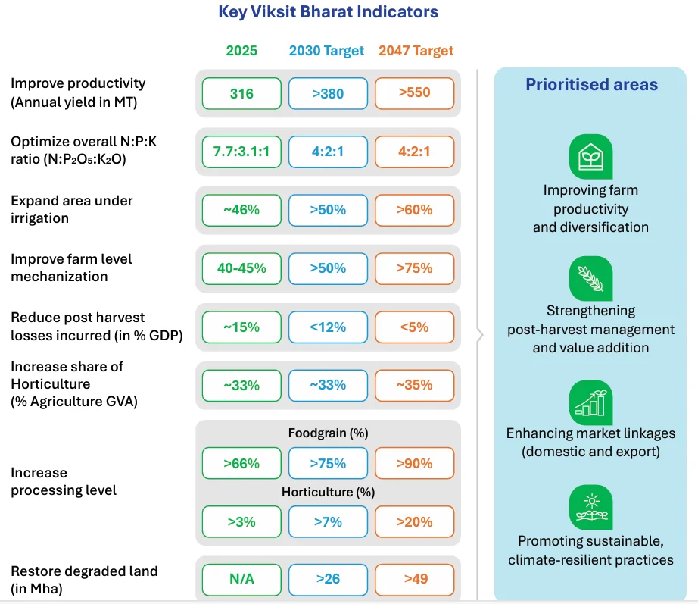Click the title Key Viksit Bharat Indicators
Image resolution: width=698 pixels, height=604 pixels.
328,12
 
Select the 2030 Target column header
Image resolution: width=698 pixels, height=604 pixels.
327,51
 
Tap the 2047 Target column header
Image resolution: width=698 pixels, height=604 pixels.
414,51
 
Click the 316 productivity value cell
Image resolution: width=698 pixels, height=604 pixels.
241,93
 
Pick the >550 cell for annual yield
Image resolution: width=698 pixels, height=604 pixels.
414,93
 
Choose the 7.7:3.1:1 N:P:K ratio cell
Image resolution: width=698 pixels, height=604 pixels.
241,152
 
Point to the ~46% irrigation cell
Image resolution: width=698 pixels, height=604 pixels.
241,210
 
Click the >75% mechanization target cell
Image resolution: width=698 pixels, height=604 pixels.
414,268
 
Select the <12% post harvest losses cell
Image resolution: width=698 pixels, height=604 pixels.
328,327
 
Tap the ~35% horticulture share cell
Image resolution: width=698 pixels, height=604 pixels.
414,385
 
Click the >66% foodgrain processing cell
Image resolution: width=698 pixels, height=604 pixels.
241,463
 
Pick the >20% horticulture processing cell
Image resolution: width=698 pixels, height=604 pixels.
414,521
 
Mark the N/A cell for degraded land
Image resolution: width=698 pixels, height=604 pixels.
241,579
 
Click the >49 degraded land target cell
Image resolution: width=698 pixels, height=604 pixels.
414,579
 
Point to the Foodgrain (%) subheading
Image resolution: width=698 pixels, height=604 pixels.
328,433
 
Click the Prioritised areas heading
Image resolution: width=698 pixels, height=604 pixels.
591,85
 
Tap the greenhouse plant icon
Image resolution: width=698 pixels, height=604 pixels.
590,157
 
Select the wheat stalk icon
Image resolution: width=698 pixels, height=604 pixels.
590,278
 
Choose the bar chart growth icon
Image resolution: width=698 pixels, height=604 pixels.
590,403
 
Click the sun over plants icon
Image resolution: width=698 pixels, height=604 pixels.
590,507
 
